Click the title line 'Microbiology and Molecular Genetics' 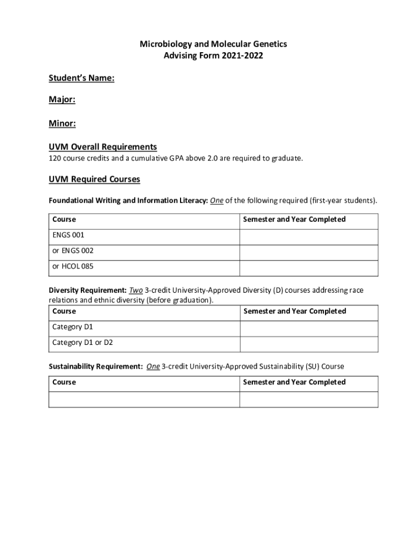coord(213,44)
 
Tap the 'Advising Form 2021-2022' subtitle coord(213,56)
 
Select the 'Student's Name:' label coord(81,79)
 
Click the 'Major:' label coord(62,101)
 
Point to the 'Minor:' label coord(62,124)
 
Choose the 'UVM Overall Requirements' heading coord(102,147)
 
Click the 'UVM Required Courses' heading coord(94,179)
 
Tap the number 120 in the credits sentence coord(54,158)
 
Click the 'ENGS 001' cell coord(68,235)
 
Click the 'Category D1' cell coord(73,327)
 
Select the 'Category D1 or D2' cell coord(82,343)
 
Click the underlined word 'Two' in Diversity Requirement coord(136,291)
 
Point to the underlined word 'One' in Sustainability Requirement coord(153,366)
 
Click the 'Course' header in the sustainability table coord(64,383)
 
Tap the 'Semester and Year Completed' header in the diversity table coord(295,312)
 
